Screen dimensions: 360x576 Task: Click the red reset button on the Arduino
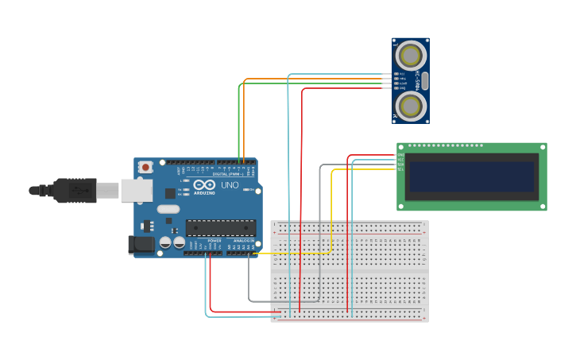coord(145,167)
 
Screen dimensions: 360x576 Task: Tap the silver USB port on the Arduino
coord(136,190)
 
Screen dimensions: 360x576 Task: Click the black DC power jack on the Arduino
coord(141,245)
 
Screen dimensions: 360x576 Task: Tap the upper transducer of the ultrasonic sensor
coord(411,56)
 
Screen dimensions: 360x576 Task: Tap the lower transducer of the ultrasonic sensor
coord(411,106)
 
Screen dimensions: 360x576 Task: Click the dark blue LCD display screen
coord(471,176)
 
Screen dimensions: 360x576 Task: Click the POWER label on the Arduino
coord(215,240)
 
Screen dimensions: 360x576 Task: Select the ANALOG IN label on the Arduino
coord(244,240)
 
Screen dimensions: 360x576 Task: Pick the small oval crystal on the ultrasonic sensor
coord(425,80)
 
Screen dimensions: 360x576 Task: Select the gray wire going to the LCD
coord(320,230)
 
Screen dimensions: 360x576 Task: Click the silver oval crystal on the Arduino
coord(168,209)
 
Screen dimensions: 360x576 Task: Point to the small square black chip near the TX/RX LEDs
coord(170,193)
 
